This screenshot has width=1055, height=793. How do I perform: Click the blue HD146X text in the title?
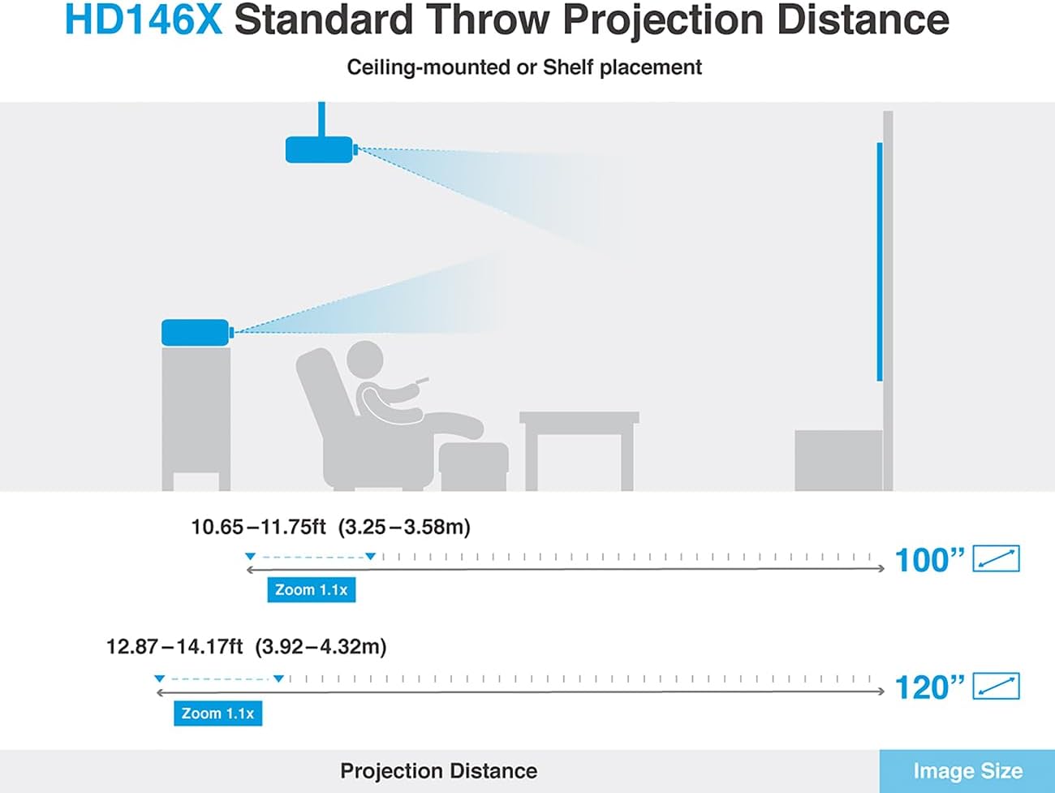pyautogui.click(x=144, y=19)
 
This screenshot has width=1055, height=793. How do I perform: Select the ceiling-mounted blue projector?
pyautogui.click(x=321, y=149)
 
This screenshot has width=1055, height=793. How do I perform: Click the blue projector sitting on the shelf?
pyautogui.click(x=197, y=332)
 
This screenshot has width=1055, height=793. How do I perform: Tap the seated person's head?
pyautogui.click(x=365, y=359)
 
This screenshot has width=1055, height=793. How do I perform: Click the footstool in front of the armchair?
pyautogui.click(x=473, y=466)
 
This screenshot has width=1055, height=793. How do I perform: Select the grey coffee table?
pyautogui.click(x=579, y=450)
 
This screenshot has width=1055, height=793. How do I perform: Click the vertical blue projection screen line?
pyautogui.click(x=880, y=261)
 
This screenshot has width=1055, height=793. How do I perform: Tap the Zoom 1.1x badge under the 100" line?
pyautogui.click(x=312, y=590)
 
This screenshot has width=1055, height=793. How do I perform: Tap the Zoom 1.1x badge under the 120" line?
pyautogui.click(x=218, y=713)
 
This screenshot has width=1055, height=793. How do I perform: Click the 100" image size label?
pyautogui.click(x=929, y=560)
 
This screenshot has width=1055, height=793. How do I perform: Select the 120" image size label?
pyautogui.click(x=929, y=687)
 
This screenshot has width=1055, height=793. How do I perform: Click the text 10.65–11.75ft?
pyautogui.click(x=259, y=527)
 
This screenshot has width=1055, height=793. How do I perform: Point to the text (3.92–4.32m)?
pyautogui.click(x=321, y=646)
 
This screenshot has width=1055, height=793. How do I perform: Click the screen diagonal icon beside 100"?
pyautogui.click(x=996, y=558)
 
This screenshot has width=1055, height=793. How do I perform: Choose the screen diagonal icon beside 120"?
pyautogui.click(x=996, y=686)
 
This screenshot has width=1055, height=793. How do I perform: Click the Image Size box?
pyautogui.click(x=967, y=771)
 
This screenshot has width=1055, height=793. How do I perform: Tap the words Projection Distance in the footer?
pyautogui.click(x=439, y=771)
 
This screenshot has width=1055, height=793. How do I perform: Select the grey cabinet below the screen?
pyautogui.click(x=838, y=460)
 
